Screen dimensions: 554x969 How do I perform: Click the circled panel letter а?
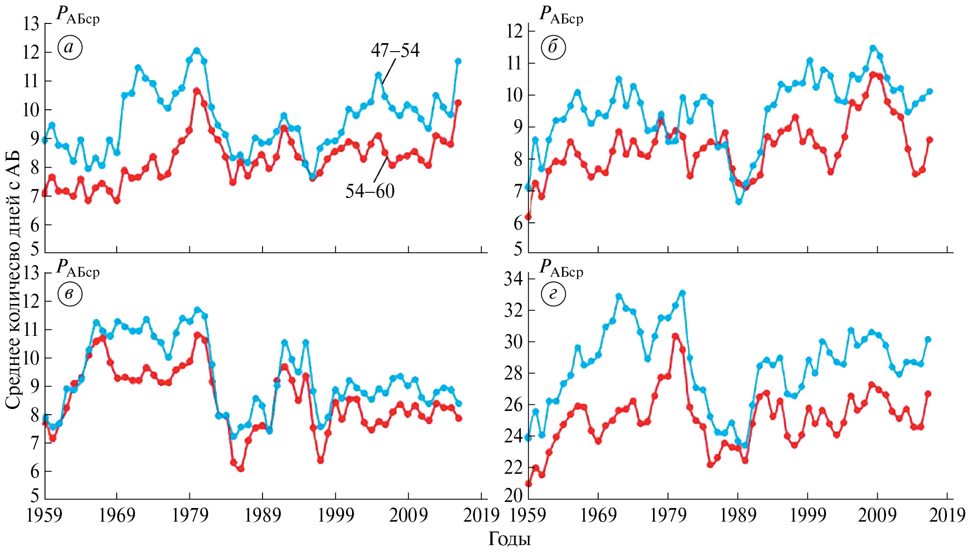pyautogui.click(x=70, y=47)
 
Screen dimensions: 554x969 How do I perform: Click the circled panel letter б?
pyautogui.click(x=553, y=47)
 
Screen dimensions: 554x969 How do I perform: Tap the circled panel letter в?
pyautogui.click(x=70, y=295)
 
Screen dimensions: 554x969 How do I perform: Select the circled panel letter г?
pyautogui.click(x=553, y=295)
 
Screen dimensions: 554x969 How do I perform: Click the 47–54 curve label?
pyautogui.click(x=395, y=50)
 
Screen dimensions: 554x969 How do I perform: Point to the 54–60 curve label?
pyautogui.click(x=370, y=191)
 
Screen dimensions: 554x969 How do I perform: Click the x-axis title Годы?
pyautogui.click(x=510, y=539)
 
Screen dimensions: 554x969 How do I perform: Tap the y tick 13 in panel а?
pyautogui.click(x=31, y=23)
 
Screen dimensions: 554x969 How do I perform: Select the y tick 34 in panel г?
pyautogui.click(x=513, y=279)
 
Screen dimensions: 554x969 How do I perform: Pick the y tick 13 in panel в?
pyautogui.click(x=31, y=273)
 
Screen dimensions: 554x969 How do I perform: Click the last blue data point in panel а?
pyautogui.click(x=458, y=61)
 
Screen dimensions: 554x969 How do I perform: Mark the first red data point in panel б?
pyautogui.click(x=528, y=217)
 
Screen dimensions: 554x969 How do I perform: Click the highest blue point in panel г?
pyautogui.click(x=683, y=293)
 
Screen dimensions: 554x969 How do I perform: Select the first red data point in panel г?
pyautogui.click(x=528, y=484)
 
